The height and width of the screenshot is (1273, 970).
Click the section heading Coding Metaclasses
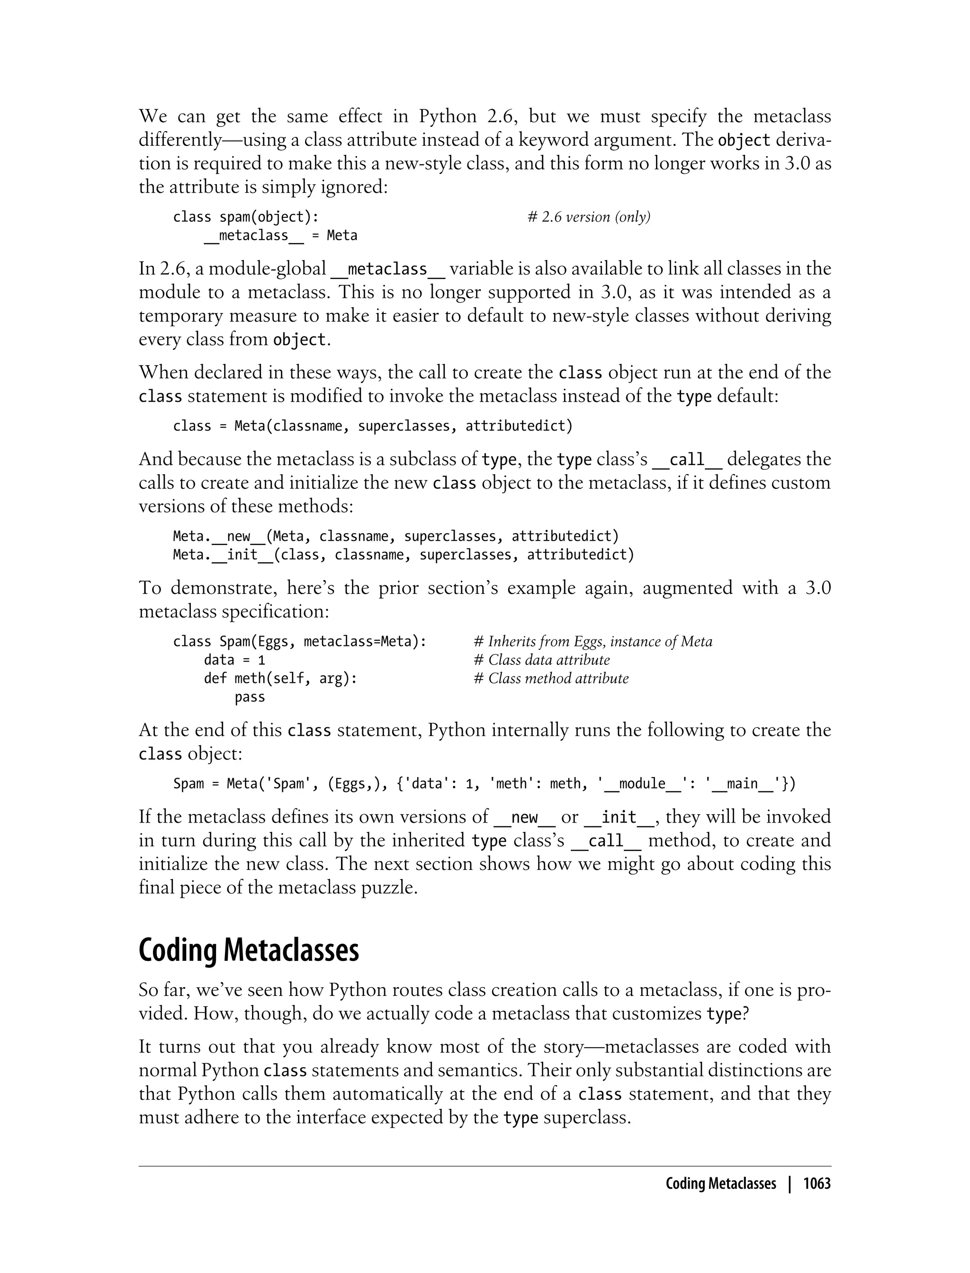pos(248,950)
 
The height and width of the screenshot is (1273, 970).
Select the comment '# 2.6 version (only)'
pos(589,217)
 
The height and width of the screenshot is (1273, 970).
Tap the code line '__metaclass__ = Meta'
pos(280,235)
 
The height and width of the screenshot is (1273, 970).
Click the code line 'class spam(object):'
pos(246,217)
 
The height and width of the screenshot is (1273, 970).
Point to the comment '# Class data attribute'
pos(541,660)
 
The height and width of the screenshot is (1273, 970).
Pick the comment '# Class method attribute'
pos(551,678)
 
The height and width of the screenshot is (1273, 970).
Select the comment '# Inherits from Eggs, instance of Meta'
pos(593,641)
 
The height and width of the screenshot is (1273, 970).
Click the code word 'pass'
pos(250,697)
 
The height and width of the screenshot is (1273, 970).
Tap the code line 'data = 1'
pos(234,660)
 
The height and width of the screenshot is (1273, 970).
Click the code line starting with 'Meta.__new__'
pos(396,536)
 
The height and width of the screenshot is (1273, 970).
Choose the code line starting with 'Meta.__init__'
pos(404,555)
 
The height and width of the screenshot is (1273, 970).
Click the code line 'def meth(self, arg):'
pos(280,678)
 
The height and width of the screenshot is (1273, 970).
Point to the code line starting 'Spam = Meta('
pos(484,783)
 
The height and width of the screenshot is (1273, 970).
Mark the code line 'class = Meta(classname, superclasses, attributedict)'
pos(373,426)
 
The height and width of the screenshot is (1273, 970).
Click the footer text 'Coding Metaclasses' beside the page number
pos(720,1183)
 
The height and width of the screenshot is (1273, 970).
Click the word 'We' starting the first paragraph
pos(153,117)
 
